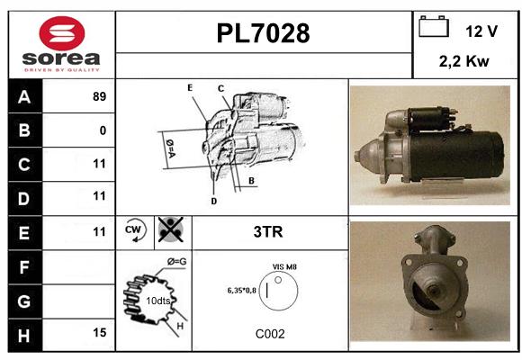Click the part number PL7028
pos(263,33)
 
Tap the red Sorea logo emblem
pos(62,33)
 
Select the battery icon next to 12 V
pos(434,26)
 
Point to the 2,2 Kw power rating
pos(464,61)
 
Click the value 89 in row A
pos(100,96)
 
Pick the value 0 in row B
pos(103,130)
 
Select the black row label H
pos(25,336)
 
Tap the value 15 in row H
pos(100,332)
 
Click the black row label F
pos(25,267)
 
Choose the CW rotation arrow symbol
pos(135,230)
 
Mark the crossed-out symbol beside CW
pos(171,229)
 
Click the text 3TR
pos(268,232)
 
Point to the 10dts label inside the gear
pos(158,301)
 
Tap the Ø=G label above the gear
pos(176,262)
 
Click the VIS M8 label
pos(284,267)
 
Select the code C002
pos(270,334)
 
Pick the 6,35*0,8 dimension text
pos(242,291)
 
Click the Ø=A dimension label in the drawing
pos(170,148)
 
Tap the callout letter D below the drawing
pos(213,201)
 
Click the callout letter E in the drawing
pos(190,88)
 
